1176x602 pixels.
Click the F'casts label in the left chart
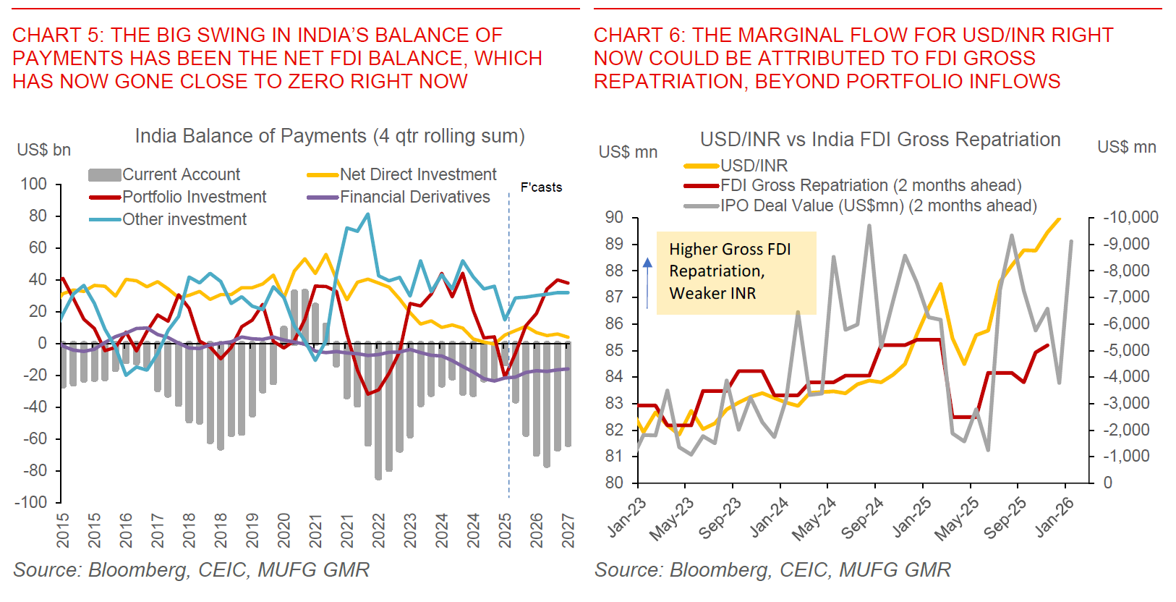pos(541,187)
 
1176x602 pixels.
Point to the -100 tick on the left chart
pos(33,502)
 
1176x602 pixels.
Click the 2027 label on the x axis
pos(568,530)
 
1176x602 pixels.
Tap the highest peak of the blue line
pos(368,214)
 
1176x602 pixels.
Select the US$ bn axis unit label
pos(43,150)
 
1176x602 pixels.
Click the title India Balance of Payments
pos(329,136)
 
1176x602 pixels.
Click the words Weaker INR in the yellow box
pos(712,293)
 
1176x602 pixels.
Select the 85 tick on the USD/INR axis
pos(614,350)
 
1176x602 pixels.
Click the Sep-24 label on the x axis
pos(864,518)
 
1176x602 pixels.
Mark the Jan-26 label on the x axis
pos(1054,517)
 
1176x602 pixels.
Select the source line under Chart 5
pos(191,570)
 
